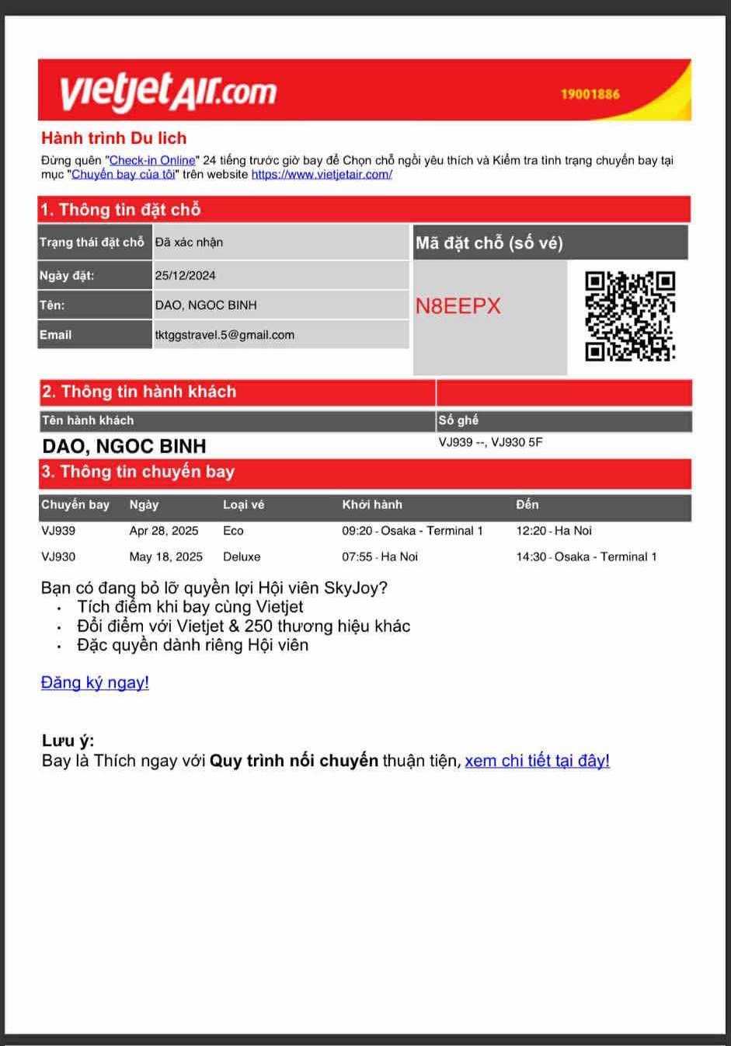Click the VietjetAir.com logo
168,90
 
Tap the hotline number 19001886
590,94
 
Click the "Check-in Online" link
152,160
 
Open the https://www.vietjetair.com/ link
322,174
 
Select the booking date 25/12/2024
186,275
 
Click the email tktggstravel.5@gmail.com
225,335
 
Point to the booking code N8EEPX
458,306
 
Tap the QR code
630,316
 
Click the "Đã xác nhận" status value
189,242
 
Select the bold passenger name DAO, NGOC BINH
124,446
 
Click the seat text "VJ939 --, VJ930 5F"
490,442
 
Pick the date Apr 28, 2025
164,531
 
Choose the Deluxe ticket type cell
242,556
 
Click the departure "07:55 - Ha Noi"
380,556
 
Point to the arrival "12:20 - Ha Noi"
554,531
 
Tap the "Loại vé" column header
243,504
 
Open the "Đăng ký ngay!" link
95,682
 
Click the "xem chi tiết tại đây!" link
537,760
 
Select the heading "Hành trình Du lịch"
114,138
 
